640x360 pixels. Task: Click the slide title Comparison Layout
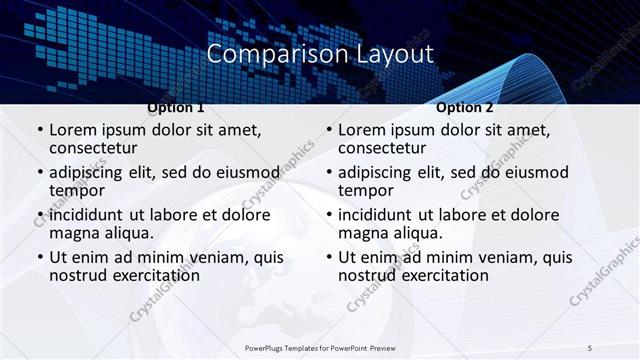click(320, 53)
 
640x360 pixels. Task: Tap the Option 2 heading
click(465, 107)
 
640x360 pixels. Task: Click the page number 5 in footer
click(590, 347)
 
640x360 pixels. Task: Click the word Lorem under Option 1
click(71, 130)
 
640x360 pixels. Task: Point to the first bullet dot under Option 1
click(39, 131)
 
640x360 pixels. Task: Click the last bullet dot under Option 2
click(328, 257)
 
